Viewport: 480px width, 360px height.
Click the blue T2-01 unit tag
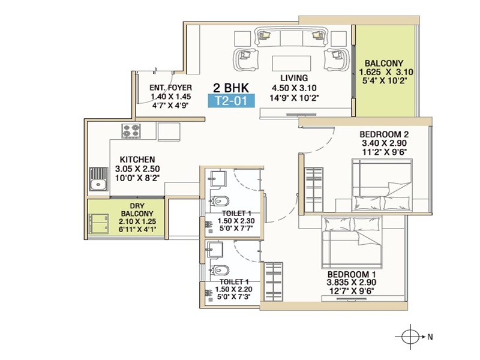pyautogui.click(x=231, y=101)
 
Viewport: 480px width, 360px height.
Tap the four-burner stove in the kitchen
pyautogui.click(x=131, y=131)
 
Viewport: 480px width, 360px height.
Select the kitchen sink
pyautogui.click(x=98, y=179)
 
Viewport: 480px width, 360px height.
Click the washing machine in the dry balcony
pyautogui.click(x=98, y=224)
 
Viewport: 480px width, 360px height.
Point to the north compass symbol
pyautogui.click(x=410, y=337)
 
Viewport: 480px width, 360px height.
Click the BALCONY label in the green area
pyautogui.click(x=384, y=64)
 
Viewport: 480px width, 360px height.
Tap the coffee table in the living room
pyautogui.click(x=292, y=64)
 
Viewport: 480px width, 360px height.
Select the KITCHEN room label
pyautogui.click(x=137, y=160)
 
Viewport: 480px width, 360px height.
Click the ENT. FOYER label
pyautogui.click(x=170, y=88)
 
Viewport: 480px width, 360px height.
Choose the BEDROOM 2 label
pyautogui.click(x=384, y=134)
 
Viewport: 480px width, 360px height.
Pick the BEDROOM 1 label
pyautogui.click(x=352, y=274)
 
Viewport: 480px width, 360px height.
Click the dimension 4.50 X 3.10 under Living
pyautogui.click(x=294, y=88)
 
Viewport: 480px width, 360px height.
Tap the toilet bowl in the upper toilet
pyautogui.click(x=220, y=201)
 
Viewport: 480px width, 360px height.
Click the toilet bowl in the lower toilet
pyautogui.click(x=220, y=270)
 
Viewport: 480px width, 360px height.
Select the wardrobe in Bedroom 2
pyautogui.click(x=314, y=190)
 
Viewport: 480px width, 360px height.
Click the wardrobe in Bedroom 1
pyautogui.click(x=274, y=281)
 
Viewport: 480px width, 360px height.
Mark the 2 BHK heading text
pyautogui.click(x=231, y=88)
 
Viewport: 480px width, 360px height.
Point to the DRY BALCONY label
pyautogui.click(x=137, y=209)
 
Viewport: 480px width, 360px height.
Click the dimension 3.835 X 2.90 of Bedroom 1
pyautogui.click(x=352, y=283)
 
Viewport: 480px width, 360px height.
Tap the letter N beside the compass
pyautogui.click(x=430, y=337)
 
